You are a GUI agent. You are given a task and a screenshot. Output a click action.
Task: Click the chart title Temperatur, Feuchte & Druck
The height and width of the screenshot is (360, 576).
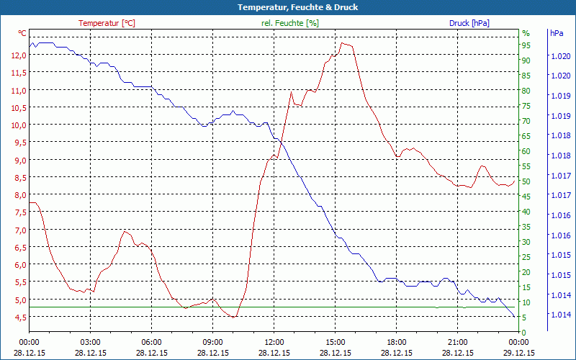tap(288, 7)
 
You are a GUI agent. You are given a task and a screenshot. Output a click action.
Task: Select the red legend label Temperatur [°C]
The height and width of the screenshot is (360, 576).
tap(107, 23)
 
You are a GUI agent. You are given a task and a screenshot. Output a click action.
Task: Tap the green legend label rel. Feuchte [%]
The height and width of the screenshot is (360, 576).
tap(290, 23)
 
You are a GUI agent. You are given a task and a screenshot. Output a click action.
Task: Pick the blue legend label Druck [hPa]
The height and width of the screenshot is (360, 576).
tap(469, 23)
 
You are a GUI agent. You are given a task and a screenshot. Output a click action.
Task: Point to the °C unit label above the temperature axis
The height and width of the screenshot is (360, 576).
tap(22, 33)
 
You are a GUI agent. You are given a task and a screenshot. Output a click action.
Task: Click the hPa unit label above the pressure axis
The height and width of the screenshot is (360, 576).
tap(557, 33)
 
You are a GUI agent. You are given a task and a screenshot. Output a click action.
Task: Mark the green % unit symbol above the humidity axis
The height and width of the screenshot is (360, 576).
tap(526, 33)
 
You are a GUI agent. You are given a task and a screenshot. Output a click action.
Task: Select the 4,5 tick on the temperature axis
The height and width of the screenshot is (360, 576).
tap(19, 318)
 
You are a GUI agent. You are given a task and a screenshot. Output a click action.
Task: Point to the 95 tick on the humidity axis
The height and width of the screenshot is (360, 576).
tap(526, 45)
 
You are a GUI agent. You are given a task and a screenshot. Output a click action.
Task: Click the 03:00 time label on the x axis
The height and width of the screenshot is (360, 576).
tap(90, 343)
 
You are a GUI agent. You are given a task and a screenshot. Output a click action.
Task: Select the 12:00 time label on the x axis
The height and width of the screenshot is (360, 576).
tap(274, 343)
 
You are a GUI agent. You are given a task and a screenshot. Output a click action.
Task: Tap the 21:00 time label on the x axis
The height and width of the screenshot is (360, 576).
tap(457, 343)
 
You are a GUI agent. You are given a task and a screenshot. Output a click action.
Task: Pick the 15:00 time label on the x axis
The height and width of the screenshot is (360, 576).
tap(335, 343)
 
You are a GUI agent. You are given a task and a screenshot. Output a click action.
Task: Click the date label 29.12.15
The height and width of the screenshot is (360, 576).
tap(518, 353)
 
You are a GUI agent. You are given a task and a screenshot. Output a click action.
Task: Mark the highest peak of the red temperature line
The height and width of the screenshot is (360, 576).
tap(343, 43)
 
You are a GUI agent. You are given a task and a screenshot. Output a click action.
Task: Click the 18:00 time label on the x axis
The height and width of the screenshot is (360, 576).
tap(396, 343)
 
